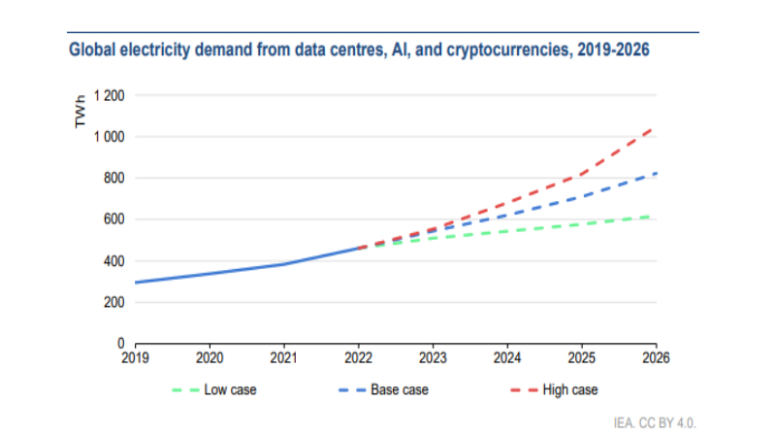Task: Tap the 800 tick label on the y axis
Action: [114, 179]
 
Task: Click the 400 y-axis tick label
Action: [114, 261]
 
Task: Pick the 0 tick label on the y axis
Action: [121, 344]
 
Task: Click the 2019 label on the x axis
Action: [135, 357]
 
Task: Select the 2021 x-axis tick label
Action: [284, 357]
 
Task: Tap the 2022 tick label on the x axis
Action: [359, 357]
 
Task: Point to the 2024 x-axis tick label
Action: [507, 357]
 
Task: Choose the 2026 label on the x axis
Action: [657, 357]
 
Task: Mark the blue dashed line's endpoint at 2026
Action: [657, 173]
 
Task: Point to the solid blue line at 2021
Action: [284, 264]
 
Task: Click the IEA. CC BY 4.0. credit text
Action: [655, 423]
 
